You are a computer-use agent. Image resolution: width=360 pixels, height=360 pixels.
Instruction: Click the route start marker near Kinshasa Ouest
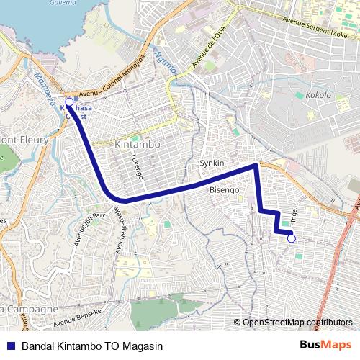[x=69, y=102]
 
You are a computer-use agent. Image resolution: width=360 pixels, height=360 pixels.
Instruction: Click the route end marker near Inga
[x=292, y=240]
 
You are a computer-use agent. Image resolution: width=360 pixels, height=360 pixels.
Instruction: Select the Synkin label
[x=212, y=163]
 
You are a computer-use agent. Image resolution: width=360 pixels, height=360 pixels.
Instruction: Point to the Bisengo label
[x=223, y=189]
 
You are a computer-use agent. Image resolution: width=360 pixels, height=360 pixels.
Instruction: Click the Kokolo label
[x=318, y=95]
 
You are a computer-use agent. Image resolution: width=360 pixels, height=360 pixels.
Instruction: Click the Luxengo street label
[x=138, y=166]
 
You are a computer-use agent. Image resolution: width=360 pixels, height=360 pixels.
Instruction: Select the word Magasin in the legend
[x=141, y=345]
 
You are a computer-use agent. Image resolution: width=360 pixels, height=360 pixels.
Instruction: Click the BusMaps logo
[x=325, y=345]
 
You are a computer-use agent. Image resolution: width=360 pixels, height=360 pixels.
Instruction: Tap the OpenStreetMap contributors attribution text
[x=297, y=323]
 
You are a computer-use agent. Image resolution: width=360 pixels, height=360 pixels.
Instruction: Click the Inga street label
[x=294, y=214]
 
